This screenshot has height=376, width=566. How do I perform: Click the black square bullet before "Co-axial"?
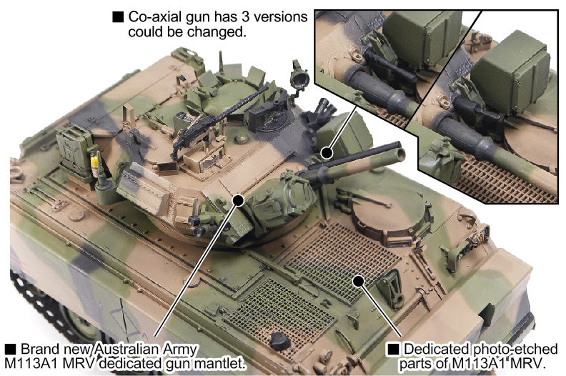pos(118,17)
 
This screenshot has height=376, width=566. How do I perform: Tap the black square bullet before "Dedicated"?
pos(393,350)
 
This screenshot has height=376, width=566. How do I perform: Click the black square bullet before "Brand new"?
pos(10,350)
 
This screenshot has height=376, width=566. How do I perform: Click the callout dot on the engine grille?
pos(358,281)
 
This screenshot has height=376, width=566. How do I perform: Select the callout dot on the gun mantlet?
pos(239,199)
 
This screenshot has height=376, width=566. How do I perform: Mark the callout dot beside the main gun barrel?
pos(327,152)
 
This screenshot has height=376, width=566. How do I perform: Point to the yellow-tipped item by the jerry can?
pos(94,164)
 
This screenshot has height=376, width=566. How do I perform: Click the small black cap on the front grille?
pos(279,341)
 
